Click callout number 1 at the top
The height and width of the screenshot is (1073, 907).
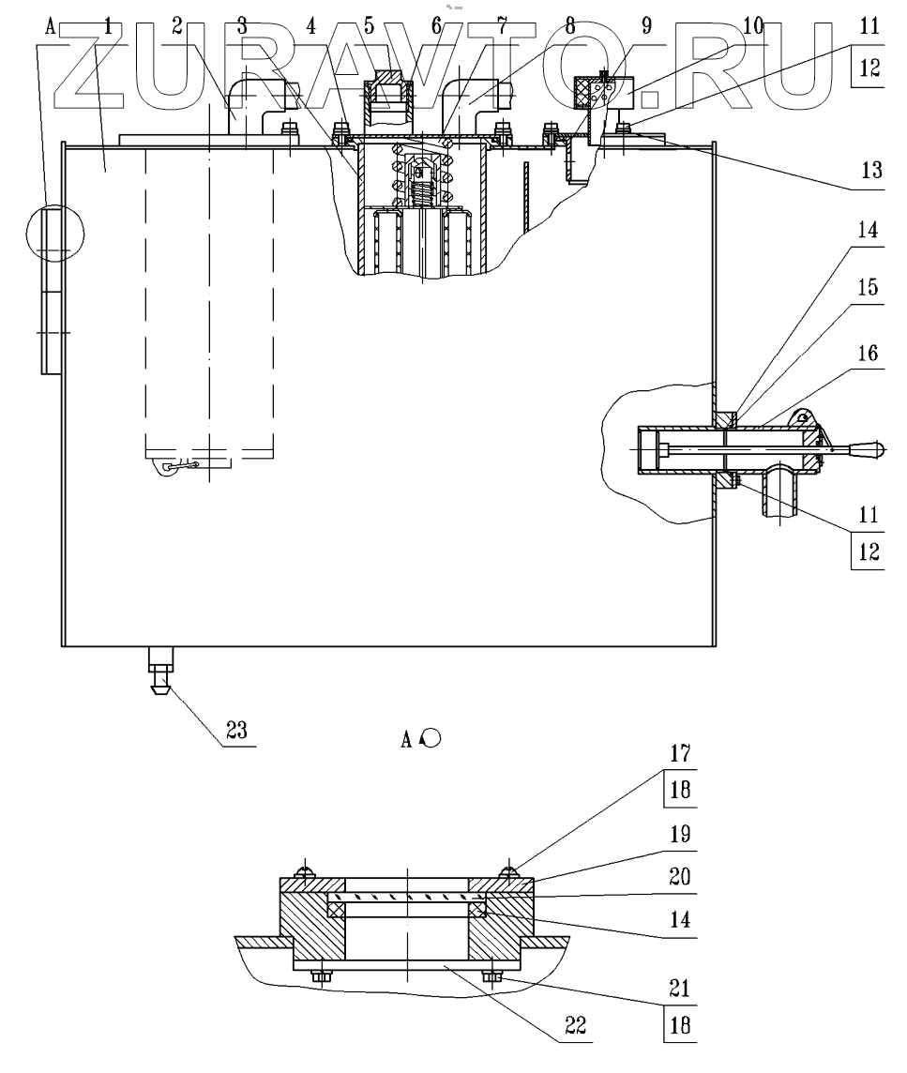108,26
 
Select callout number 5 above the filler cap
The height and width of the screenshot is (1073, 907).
369,26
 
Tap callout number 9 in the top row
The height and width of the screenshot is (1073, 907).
646,26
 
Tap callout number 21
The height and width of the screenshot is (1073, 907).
679,986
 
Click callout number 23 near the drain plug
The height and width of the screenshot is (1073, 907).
236,732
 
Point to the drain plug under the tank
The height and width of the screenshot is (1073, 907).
158,677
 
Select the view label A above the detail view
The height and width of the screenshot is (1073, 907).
408,740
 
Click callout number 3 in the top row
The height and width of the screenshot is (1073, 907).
242,26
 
